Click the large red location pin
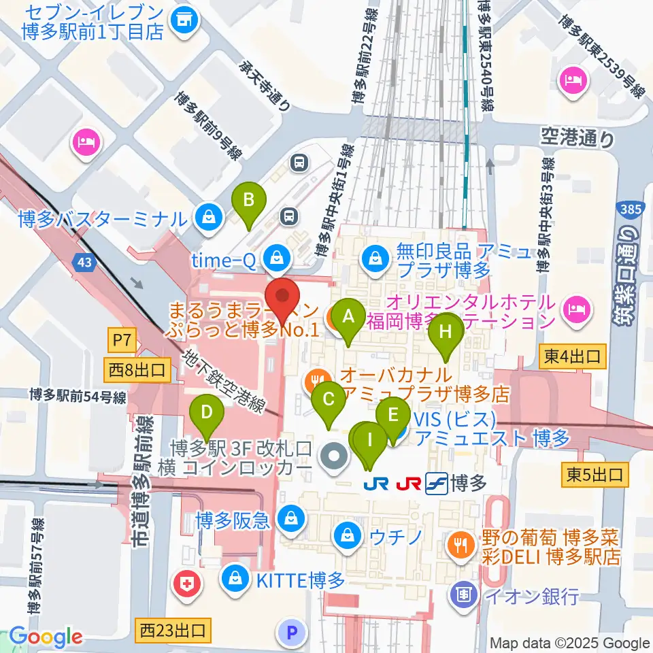(x=282, y=299)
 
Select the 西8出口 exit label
(x=136, y=371)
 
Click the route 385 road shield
(x=631, y=210)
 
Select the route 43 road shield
(x=86, y=262)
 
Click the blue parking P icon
(x=291, y=633)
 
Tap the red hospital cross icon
(x=187, y=582)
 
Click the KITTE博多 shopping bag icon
(x=234, y=580)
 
